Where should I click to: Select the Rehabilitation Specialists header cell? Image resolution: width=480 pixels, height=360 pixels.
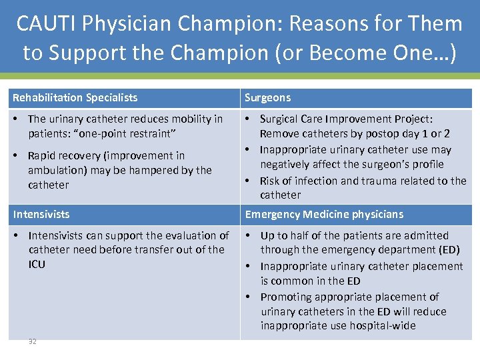pyautogui.click(x=75, y=98)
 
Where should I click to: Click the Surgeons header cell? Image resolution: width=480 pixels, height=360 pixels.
pyautogui.click(x=267, y=98)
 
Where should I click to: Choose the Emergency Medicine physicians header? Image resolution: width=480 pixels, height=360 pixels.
pyautogui.click(x=324, y=215)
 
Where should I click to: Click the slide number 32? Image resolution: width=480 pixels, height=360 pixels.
pyautogui.click(x=33, y=341)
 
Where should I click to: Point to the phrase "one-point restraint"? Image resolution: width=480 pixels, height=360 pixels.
pyautogui.click(x=129, y=133)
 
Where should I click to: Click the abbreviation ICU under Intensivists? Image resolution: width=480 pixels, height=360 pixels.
pyautogui.click(x=37, y=264)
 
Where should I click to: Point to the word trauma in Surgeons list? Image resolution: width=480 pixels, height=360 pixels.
pyautogui.click(x=380, y=181)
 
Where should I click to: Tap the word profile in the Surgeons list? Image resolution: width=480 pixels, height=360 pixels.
pyautogui.click(x=426, y=164)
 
